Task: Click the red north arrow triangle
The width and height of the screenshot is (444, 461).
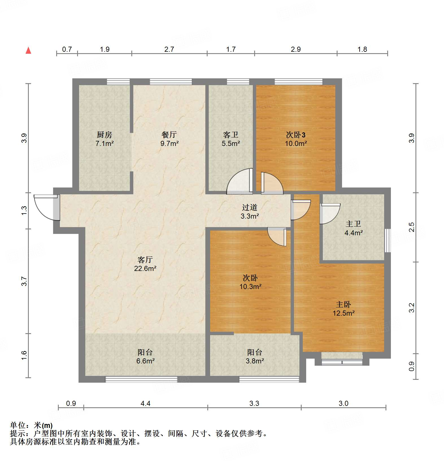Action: coord(28,51)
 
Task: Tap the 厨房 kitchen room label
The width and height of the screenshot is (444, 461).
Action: coord(105,139)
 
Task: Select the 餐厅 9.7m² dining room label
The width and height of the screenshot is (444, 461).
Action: coord(169,139)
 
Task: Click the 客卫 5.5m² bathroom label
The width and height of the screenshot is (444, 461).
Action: coord(231,139)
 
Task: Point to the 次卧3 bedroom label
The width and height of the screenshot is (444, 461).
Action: coord(296,139)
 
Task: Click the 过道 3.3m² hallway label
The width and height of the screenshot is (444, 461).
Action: coord(250,212)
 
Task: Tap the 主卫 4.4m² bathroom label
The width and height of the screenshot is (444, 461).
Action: coord(353,228)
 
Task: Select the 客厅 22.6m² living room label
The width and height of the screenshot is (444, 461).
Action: coord(145,264)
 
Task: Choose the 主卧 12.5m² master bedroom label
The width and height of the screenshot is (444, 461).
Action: coord(343,309)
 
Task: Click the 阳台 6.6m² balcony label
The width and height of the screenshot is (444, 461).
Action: coord(145,356)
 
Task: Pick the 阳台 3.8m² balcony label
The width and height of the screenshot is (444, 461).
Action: coord(254,356)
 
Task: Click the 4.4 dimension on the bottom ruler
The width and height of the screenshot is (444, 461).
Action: coord(145,403)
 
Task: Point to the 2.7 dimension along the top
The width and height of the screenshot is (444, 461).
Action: coord(169,49)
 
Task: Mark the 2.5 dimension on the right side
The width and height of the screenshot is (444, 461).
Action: coord(412,227)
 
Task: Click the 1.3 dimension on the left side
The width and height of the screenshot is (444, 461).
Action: coord(24,210)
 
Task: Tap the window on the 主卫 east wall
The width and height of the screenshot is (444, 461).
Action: coord(388,240)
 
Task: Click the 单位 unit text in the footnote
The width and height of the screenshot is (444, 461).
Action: coord(18,425)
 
